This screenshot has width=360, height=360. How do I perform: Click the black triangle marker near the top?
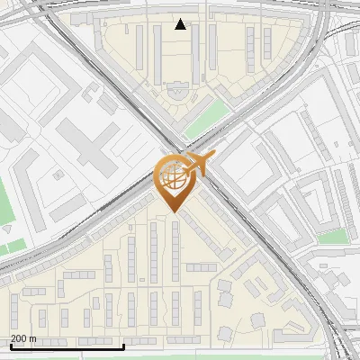pyautogui.click(x=181, y=24)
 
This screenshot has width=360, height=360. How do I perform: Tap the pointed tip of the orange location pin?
pyautogui.click(x=174, y=211)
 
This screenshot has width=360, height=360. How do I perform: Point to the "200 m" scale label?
pyautogui.click(x=23, y=338)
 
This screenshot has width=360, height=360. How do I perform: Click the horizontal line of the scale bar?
pyautogui.click(x=67, y=346)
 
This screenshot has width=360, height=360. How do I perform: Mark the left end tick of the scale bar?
pyautogui.click(x=10, y=344)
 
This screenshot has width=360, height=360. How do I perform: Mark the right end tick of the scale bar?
pyautogui.click(x=123, y=344)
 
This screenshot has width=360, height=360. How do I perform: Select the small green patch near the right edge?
pyautogui.click(x=333, y=236)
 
